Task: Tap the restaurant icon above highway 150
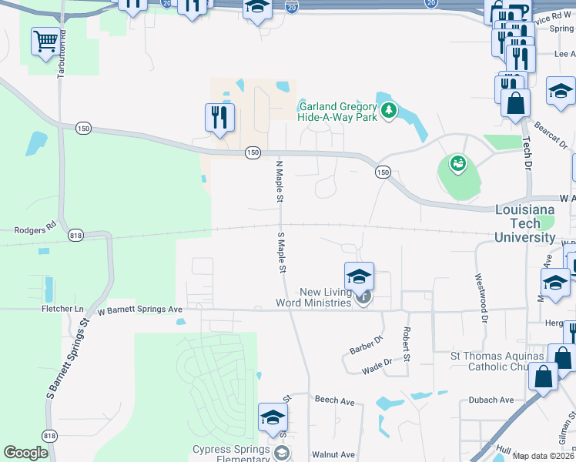pos(219,117)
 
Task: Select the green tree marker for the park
pos(389,112)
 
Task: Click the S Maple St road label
pos(281,253)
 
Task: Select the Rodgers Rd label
pos(30,229)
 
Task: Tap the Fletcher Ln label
pos(62,309)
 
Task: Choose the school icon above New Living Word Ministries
pos(359,276)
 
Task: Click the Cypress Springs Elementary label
pos(231,454)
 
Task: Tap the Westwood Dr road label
pos(481,296)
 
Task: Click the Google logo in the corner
pos(26,453)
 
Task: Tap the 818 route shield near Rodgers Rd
pos(75,235)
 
